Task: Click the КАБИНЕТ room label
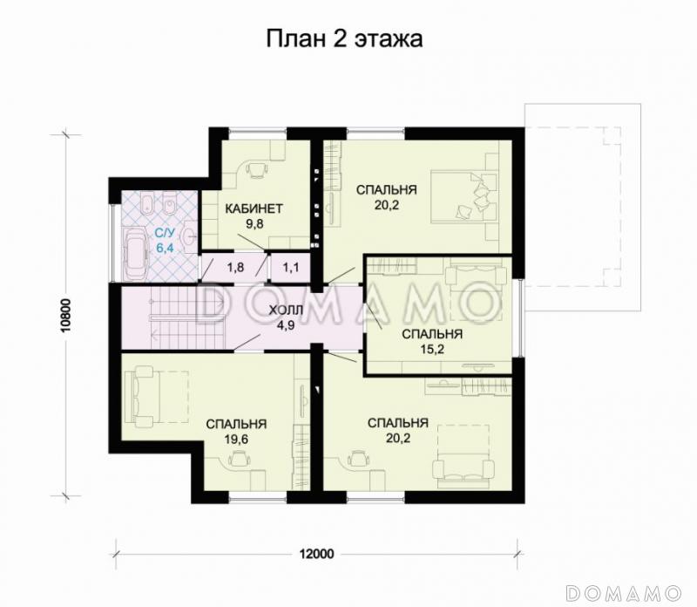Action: click(254, 208)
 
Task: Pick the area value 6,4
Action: click(164, 248)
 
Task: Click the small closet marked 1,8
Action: click(235, 267)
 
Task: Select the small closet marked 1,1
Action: click(290, 267)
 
